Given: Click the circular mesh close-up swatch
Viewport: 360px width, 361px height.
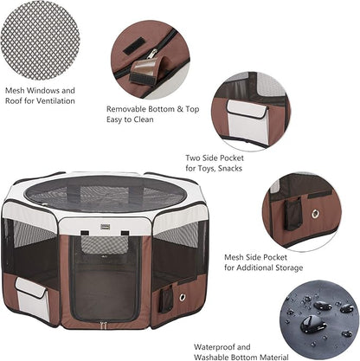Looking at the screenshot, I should (39, 39).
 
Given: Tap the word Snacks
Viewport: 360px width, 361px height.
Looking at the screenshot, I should (231, 169).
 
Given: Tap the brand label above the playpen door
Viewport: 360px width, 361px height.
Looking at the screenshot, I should (86, 228).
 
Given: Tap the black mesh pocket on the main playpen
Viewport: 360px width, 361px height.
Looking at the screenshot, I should (166, 300).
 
